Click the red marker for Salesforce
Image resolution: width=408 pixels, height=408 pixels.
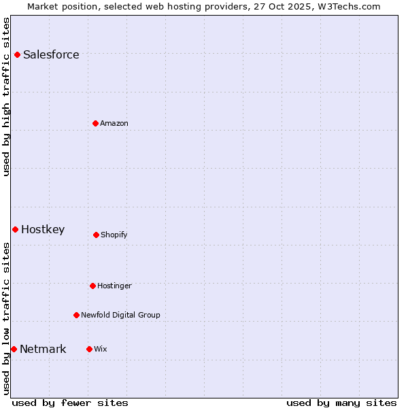click(x=17, y=54)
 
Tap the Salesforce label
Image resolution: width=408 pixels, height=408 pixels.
click(x=51, y=55)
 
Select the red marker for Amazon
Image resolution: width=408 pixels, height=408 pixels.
click(x=95, y=123)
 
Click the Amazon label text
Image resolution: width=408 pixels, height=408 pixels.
click(x=114, y=124)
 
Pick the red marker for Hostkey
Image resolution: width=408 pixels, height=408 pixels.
click(x=15, y=229)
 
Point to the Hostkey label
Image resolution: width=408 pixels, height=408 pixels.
click(x=43, y=230)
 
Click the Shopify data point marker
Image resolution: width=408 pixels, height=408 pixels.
click(x=96, y=235)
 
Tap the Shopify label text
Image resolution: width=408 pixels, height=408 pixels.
click(x=114, y=235)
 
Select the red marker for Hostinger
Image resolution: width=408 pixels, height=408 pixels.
click(x=92, y=286)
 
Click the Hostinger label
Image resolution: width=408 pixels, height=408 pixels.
click(x=114, y=286)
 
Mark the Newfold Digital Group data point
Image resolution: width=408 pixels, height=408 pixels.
click(x=76, y=315)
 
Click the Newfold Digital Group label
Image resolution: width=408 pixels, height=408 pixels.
click(x=120, y=316)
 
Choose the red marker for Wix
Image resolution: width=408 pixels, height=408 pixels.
click(x=89, y=349)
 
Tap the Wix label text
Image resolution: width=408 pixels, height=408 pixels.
click(x=101, y=350)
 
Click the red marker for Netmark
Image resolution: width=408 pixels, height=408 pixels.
click(x=14, y=349)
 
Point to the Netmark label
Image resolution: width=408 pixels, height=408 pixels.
click(x=43, y=350)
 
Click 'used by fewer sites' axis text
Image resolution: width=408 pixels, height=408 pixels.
click(x=70, y=403)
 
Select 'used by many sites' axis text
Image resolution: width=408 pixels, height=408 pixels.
click(x=341, y=403)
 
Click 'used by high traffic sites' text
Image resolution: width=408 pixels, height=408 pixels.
click(x=7, y=97)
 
